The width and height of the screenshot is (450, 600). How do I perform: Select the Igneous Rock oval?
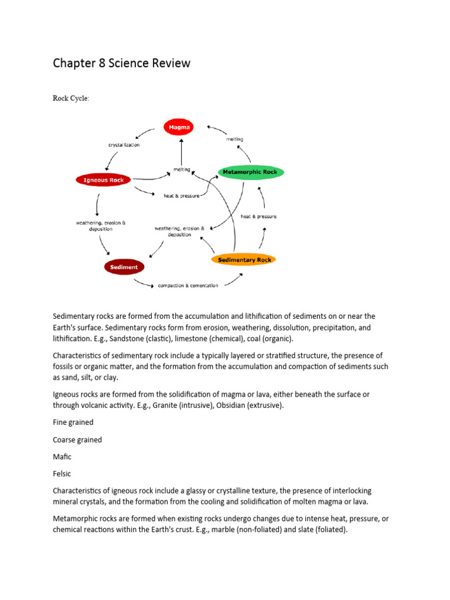(103, 180)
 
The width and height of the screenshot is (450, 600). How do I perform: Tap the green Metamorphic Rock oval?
(251, 172)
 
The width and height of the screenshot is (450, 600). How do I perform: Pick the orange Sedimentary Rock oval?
(243, 259)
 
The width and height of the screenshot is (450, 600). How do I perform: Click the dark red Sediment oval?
(124, 267)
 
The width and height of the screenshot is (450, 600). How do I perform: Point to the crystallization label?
(124, 145)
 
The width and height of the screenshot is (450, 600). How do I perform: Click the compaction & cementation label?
(187, 285)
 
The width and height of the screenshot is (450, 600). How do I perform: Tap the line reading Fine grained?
(73, 422)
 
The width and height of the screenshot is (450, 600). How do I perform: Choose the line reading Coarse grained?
(77, 440)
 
